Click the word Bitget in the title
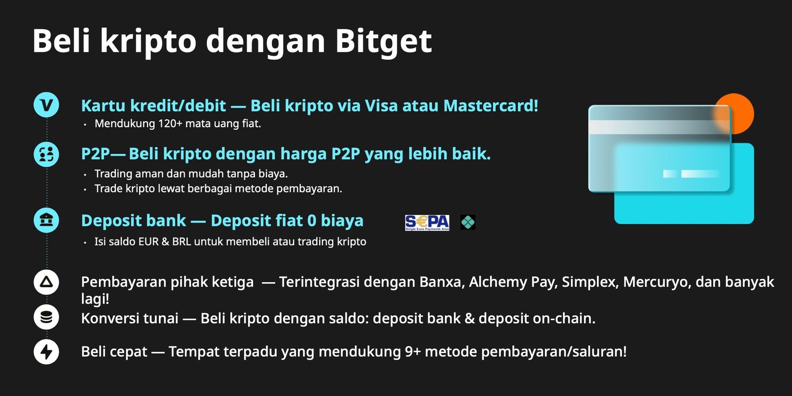point(383,42)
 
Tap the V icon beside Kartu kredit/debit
point(47,104)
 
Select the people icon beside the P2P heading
point(47,154)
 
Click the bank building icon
point(47,220)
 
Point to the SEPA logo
point(427,222)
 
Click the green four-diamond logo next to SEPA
point(468,222)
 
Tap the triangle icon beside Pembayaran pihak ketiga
point(47,282)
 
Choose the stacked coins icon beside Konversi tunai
point(47,317)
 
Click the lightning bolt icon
point(47,351)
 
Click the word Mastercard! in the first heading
point(491,105)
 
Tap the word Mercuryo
point(656,282)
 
